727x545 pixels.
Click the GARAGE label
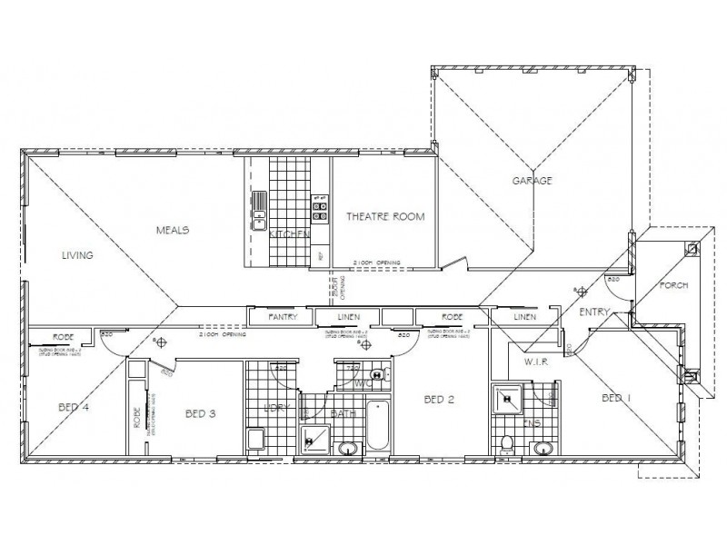533,181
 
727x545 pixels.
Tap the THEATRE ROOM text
385,216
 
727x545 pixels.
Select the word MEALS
172,231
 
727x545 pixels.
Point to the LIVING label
77,255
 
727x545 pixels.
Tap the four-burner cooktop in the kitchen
320,211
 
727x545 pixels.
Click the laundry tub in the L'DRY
255,441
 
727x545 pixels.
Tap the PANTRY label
284,317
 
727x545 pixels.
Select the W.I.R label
533,362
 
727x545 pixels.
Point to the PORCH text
673,285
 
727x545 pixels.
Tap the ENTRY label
593,312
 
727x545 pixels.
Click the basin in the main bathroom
346,447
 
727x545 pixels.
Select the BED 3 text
200,413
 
